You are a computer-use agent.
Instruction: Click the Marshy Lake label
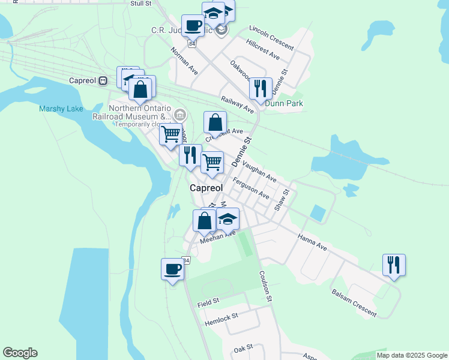pos(61,109)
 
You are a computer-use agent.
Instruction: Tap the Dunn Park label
pos(284,103)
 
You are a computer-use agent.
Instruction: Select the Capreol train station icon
pos(103,80)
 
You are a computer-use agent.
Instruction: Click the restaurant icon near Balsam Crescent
pos(394,264)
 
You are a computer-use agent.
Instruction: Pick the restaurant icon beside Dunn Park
pos(261,88)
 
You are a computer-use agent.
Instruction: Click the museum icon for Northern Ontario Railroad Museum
pos(179,114)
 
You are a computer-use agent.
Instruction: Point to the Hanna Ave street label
pos(312,241)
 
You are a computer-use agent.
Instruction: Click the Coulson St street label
pos(266,286)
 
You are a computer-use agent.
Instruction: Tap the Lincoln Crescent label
pos(271,38)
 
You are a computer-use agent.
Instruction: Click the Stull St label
pos(140,4)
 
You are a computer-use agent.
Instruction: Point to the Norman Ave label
pos(184,62)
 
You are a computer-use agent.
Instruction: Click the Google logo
pos(20,353)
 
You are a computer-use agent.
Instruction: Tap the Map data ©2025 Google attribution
pos(412,355)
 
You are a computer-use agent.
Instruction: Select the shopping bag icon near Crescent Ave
pos(215,122)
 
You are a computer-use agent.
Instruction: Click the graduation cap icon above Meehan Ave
pos(228,218)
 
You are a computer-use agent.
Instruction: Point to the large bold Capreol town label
pos(206,188)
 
